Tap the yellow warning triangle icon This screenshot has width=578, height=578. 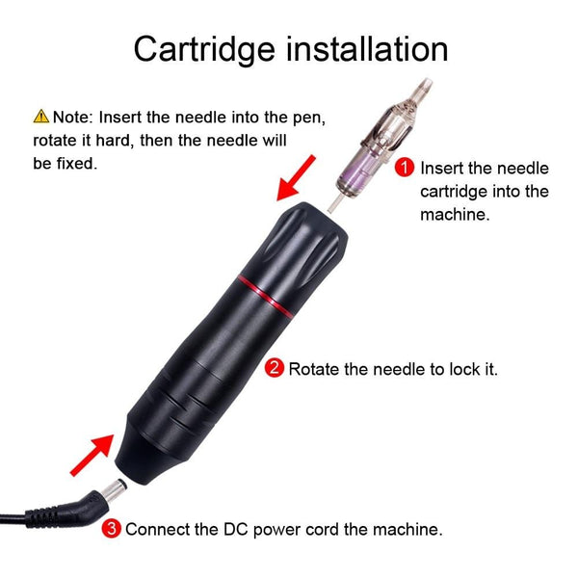pyautogui.click(x=40, y=117)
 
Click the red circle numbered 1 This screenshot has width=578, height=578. pyautogui.click(x=405, y=168)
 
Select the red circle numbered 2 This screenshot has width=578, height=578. pyautogui.click(x=274, y=368)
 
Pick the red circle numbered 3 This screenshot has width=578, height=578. pyautogui.click(x=112, y=528)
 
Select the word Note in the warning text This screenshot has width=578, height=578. pyautogui.click(x=69, y=118)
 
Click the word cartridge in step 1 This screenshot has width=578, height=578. pyautogui.click(x=453, y=191)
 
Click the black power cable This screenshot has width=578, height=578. pyautogui.click(x=29, y=517)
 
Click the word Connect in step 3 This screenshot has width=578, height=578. pyautogui.click(x=156, y=529)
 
